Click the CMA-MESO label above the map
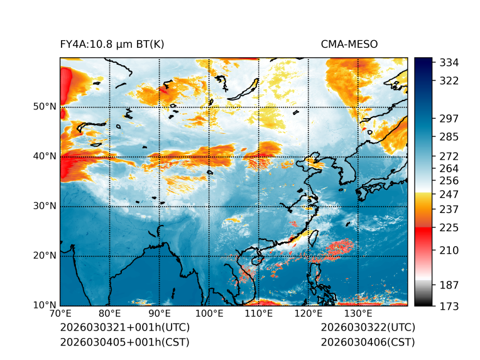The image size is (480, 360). point(349,44)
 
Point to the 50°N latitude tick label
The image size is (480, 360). point(45,107)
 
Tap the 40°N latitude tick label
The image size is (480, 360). point(45,156)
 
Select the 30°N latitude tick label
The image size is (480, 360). point(45,206)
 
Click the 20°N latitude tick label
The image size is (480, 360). point(45,256)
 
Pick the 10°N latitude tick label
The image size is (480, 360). point(45,305)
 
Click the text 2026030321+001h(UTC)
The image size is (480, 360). point(124,327)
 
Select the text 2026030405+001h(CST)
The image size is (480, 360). point(124,342)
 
